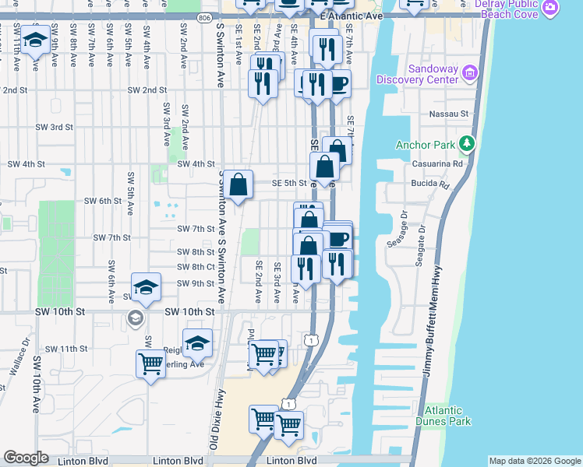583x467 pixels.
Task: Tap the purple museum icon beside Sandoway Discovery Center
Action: [469, 74]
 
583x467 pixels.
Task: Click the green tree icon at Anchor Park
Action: [467, 143]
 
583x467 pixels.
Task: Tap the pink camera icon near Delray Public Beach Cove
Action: [551, 9]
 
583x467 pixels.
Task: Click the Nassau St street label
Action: [448, 114]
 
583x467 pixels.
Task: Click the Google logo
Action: [26, 458]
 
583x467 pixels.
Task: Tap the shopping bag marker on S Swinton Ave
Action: [240, 185]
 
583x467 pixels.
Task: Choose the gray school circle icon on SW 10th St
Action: [136, 318]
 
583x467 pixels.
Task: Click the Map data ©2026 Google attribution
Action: [534, 461]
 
